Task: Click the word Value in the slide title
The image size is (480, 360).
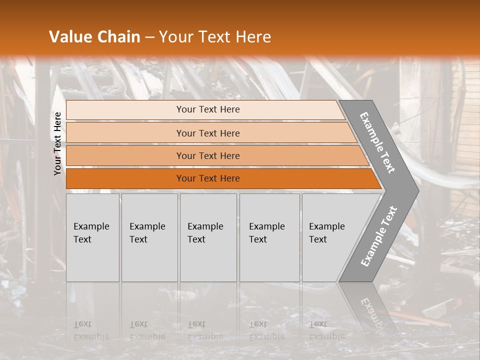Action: [x=70, y=37]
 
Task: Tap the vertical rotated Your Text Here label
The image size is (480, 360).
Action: [x=57, y=144]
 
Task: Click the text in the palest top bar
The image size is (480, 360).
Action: [x=208, y=109]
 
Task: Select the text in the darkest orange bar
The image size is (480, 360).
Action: [x=208, y=178]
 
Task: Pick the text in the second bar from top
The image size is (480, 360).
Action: [x=208, y=133]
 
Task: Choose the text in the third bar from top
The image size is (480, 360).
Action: [x=208, y=156]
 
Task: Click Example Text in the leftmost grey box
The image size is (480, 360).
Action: [x=91, y=233]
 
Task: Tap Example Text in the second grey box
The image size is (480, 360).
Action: [x=147, y=233]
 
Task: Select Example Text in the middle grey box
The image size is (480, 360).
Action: [x=205, y=233]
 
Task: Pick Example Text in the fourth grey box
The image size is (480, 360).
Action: [x=266, y=233]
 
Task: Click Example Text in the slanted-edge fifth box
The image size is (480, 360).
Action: [x=326, y=233]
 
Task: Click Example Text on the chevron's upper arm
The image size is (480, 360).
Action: [x=377, y=142]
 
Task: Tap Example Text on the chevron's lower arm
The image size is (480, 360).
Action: [x=378, y=236]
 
